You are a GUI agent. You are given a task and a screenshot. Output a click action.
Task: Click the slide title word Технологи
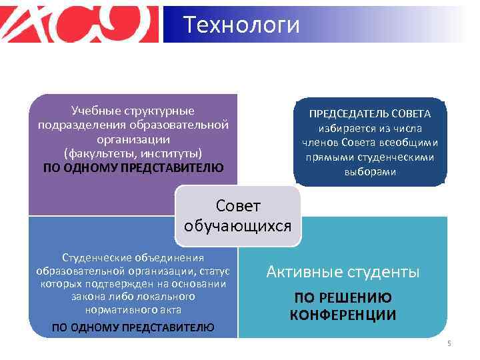[241, 25]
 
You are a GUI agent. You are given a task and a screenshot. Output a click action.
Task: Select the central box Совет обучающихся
[238, 215]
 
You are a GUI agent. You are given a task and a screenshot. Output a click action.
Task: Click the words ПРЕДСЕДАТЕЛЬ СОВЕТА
[369, 113]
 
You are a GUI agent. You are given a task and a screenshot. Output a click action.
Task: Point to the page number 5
[449, 343]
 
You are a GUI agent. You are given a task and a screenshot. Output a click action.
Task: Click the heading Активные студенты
[343, 271]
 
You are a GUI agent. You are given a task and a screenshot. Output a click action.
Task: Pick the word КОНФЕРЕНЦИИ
[343, 315]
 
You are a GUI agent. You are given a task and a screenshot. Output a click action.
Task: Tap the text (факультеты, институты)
[133, 153]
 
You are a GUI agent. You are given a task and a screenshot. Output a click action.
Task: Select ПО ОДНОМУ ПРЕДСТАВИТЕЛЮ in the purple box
[133, 167]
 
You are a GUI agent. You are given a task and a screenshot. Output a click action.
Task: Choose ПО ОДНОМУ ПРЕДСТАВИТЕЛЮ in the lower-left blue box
[133, 327]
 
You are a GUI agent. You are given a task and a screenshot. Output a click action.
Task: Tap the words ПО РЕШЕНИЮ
[343, 298]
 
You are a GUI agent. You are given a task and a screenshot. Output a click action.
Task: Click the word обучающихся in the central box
[238, 225]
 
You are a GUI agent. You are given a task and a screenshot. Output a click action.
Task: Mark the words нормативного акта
[133, 310]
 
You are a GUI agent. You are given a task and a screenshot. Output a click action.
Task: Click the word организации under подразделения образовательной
[133, 139]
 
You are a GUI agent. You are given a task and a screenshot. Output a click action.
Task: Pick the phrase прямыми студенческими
[369, 157]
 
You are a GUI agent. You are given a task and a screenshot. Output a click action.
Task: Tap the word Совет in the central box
[238, 206]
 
